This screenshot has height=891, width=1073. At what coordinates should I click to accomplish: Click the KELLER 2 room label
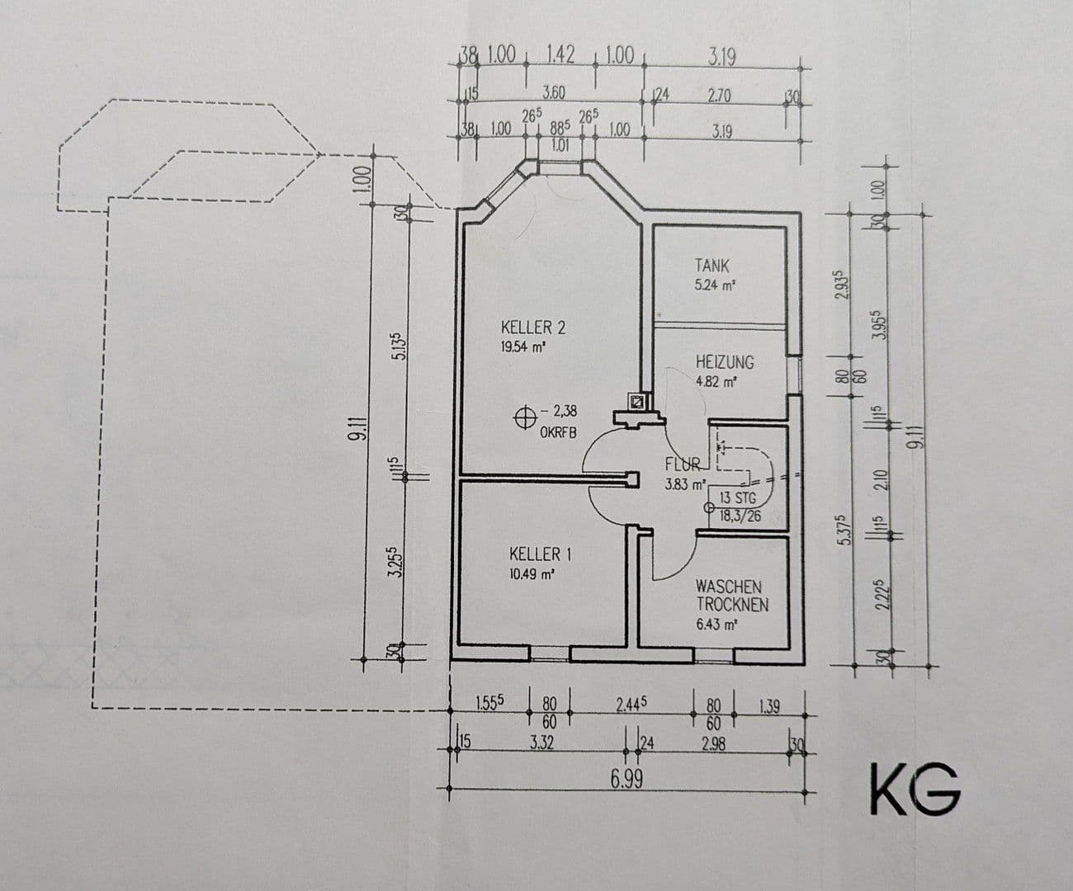click(532, 328)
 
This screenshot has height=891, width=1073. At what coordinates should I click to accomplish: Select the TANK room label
click(711, 266)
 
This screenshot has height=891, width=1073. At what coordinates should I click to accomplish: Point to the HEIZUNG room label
click(725, 362)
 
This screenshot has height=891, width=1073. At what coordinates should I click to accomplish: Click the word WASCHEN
click(728, 586)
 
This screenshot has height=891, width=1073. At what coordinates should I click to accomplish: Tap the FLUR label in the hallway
click(682, 464)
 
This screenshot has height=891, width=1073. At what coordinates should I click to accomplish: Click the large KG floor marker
click(915, 790)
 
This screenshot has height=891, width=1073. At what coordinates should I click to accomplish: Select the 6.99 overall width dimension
click(626, 779)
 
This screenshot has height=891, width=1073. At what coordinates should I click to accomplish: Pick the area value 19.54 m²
click(523, 347)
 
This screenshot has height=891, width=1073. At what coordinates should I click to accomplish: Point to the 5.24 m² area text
click(715, 286)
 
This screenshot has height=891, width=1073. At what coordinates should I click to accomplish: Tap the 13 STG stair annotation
click(737, 497)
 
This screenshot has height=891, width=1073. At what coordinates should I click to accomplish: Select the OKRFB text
click(558, 431)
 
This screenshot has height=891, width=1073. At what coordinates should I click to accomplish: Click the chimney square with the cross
click(638, 402)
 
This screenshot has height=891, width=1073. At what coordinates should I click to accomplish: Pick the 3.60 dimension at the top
click(552, 92)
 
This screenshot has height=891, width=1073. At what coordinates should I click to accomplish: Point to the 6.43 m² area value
click(716, 625)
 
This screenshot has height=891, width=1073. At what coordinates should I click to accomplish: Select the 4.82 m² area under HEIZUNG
click(716, 382)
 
